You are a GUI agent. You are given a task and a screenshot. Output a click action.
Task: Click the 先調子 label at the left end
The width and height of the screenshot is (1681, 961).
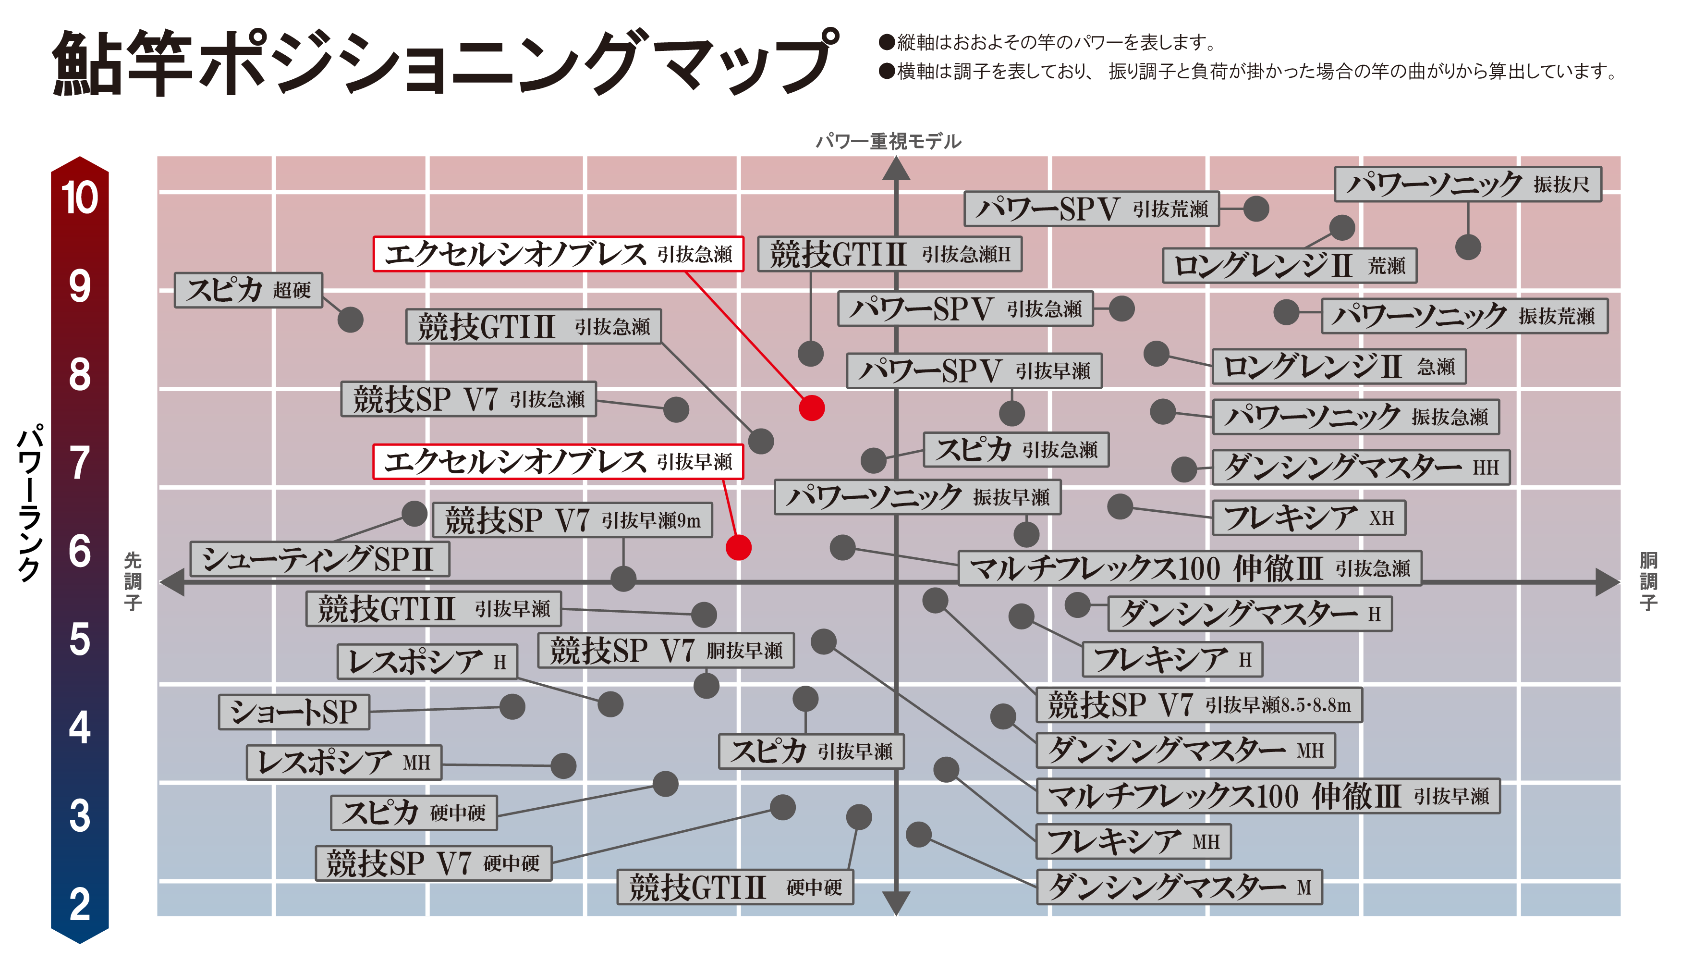[133, 581]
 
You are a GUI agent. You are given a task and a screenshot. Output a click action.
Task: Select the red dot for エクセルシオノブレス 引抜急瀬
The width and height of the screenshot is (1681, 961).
[812, 408]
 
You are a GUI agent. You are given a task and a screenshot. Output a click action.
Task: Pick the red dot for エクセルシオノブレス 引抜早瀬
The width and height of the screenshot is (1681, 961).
[738, 547]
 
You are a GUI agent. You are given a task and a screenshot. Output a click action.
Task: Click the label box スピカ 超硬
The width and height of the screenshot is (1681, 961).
[248, 290]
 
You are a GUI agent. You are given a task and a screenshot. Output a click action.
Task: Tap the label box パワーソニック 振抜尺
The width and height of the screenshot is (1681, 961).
[1467, 184]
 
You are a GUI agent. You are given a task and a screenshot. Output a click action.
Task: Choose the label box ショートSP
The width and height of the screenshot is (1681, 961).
[293, 712]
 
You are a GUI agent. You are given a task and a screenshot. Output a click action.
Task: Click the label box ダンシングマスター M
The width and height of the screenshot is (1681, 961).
[1179, 887]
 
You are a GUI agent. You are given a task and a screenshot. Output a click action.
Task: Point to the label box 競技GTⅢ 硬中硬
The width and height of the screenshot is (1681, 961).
[735, 887]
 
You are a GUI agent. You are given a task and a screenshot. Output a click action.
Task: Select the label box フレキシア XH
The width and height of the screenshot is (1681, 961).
[1309, 517]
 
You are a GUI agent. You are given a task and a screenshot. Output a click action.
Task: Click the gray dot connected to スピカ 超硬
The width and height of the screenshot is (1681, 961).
[350, 320]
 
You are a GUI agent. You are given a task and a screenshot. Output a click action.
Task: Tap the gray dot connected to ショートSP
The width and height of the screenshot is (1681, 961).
[512, 706]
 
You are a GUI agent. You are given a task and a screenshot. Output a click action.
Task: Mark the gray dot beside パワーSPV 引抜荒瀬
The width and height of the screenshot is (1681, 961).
[1256, 209]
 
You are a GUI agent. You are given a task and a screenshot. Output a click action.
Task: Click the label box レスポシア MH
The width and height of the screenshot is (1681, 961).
[344, 763]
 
